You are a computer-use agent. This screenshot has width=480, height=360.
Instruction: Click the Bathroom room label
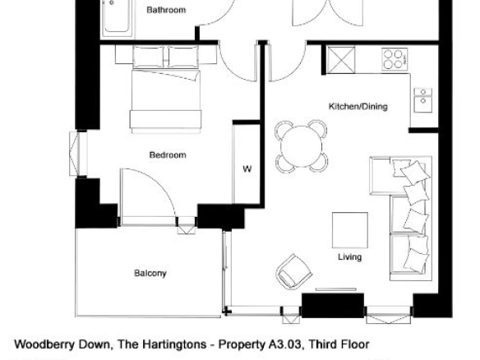(x=166, y=10)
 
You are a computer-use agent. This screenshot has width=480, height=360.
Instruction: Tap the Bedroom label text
(x=168, y=155)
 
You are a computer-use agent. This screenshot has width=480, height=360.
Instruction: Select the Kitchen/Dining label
(x=358, y=107)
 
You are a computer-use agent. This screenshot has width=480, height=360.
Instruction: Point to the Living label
(x=349, y=256)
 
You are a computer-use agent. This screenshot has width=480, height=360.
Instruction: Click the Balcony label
(x=150, y=273)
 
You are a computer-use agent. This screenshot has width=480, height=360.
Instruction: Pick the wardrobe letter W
(x=247, y=168)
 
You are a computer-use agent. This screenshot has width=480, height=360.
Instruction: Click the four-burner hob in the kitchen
(x=395, y=59)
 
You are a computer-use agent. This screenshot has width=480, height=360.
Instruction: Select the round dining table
(x=302, y=146)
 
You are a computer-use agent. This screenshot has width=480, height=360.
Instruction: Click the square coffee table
(x=350, y=230)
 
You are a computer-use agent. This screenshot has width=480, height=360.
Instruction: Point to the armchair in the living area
(x=294, y=272)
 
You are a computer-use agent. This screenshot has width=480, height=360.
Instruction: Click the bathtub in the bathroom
(x=118, y=17)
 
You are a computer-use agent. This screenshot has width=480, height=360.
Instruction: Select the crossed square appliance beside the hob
(x=341, y=60)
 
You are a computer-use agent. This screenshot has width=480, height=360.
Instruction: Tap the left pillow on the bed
(x=149, y=57)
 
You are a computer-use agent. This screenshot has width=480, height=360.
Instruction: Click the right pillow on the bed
(x=183, y=57)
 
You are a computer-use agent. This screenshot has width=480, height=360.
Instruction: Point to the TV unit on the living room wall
(x=336, y=289)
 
